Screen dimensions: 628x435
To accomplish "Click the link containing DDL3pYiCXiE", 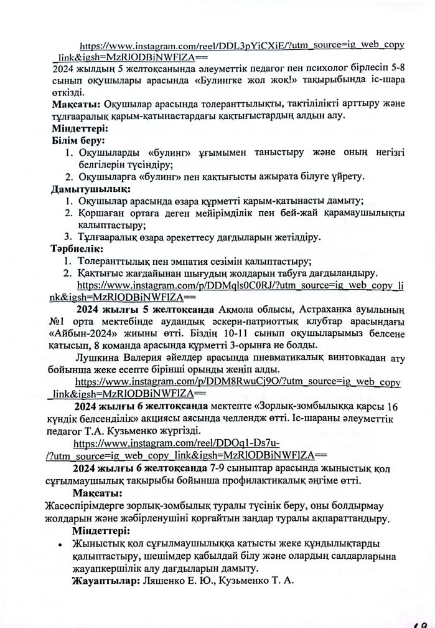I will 243,45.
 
